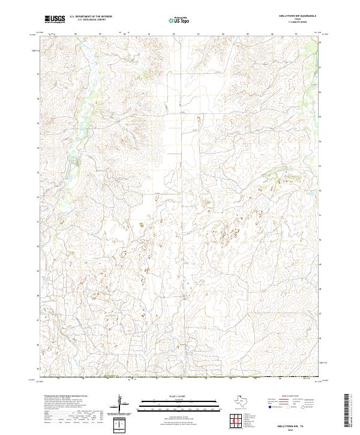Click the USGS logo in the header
point(54,19)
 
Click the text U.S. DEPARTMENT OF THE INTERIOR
point(90,17)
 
